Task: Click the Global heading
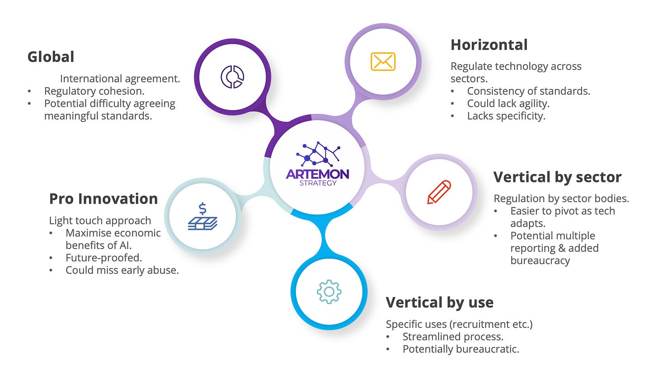[51, 57]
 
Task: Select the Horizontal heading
[489, 45]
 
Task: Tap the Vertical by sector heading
[557, 177]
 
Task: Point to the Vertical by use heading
[439, 302]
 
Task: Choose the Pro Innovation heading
[103, 199]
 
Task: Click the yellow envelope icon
[383, 61]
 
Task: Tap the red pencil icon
[439, 192]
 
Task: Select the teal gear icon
[329, 291]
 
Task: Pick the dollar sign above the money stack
[202, 208]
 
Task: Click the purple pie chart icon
[232, 76]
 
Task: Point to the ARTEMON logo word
[317, 174]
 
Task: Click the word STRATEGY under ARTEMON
[318, 183]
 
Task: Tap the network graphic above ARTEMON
[318, 153]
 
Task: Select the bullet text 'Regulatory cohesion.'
[94, 91]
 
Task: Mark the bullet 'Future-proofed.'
[103, 258]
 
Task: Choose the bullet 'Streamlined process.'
[453, 337]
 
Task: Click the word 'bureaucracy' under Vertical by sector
[540, 261]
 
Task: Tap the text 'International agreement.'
[120, 79]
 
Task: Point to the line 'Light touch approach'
[100, 221]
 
